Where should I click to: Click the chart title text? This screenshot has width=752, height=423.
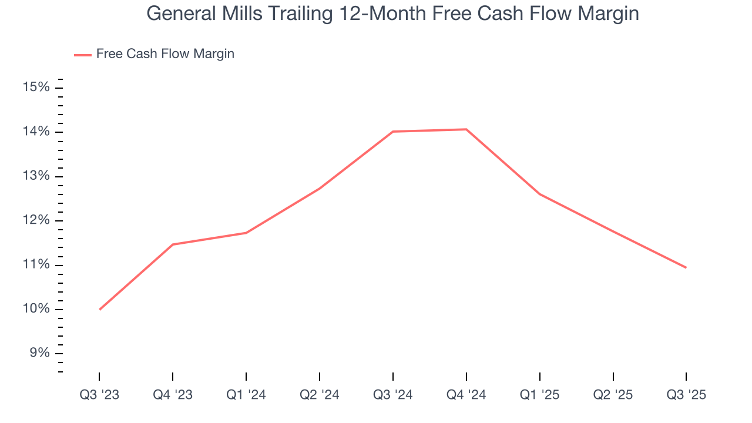[392, 13]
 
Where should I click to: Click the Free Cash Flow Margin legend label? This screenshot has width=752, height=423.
[165, 54]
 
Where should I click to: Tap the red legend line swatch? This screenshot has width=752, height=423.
[83, 55]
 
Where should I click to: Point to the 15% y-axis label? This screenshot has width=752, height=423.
[36, 88]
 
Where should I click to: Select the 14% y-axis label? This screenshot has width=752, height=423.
[36, 132]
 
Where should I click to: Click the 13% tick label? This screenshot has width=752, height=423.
[36, 176]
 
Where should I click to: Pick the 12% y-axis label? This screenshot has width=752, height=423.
[36, 220]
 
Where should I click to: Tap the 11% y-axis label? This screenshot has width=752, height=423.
[36, 265]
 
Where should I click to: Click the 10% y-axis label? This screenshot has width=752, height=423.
[36, 309]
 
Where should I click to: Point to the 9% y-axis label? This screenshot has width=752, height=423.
[39, 353]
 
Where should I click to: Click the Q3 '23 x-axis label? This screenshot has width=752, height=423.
[99, 395]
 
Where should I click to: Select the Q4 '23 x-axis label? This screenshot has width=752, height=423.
[173, 395]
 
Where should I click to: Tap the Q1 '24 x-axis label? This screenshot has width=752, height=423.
[246, 395]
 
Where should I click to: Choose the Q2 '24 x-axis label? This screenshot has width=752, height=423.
[320, 395]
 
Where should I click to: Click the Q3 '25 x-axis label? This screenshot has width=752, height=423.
[686, 395]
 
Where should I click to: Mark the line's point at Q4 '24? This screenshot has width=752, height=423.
[466, 129]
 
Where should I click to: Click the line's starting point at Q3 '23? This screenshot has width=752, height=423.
[100, 309]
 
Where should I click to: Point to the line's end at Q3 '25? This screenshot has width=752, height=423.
[686, 268]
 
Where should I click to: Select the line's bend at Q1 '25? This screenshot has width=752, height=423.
[539, 194]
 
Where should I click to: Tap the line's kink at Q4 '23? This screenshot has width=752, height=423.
[173, 244]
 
